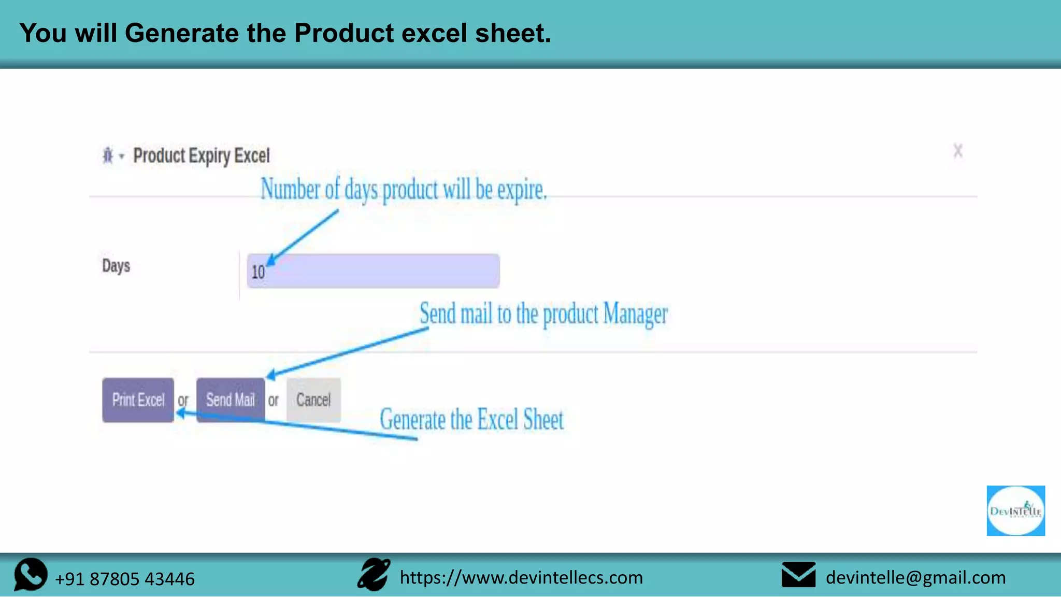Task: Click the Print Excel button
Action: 138,400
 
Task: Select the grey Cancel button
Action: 313,400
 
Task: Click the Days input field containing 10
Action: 373,271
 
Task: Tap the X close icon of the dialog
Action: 958,151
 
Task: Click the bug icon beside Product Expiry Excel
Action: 108,155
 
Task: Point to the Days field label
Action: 116,266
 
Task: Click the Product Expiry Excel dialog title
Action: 202,156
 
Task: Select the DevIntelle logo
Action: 1015,511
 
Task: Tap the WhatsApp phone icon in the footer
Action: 31,574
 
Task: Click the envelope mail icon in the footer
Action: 798,575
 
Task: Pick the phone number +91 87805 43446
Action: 125,579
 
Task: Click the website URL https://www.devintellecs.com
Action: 521,577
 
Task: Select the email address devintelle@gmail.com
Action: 915,577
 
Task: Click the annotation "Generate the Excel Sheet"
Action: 471,419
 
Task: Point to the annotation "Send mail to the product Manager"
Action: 543,314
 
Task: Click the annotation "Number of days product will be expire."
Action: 404,189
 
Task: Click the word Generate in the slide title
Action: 182,33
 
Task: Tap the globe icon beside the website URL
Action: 374,574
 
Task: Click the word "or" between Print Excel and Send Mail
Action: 183,401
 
